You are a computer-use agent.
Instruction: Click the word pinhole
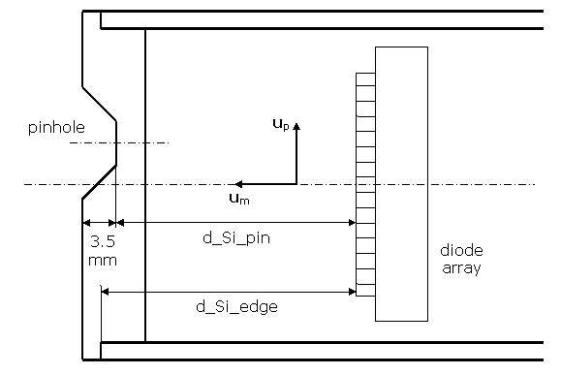tap(56, 128)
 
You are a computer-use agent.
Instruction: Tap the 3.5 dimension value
tap(103, 242)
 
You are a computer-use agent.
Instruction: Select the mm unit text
tap(103, 261)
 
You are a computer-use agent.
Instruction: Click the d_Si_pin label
tap(236, 238)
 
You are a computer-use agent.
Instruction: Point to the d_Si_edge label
tap(236, 307)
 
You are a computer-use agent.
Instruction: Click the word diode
tap(461, 250)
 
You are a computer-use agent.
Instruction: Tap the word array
tap(461, 268)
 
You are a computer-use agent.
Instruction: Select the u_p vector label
tap(281, 125)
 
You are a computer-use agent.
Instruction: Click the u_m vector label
tap(239, 199)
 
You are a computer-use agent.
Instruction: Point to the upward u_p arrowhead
tap(296, 126)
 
